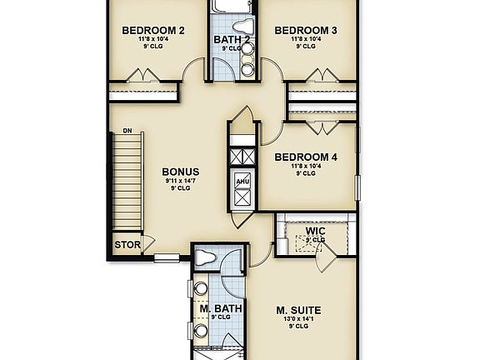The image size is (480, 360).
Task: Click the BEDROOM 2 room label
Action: [153, 31]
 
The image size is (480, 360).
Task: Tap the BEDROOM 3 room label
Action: [306, 31]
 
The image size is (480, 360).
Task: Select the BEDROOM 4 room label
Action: [306, 157]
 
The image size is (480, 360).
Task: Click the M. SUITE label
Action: [298, 311]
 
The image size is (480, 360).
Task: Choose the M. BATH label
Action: [220, 308]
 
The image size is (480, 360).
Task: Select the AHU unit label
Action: [242, 181]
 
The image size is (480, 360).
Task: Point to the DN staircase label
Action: [127, 131]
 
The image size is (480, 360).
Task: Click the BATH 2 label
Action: [232, 39]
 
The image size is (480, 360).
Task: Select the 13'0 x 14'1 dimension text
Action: [298, 321]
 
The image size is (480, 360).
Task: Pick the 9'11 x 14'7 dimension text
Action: [180, 181]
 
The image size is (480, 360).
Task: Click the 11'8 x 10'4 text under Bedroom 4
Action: [306, 166]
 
